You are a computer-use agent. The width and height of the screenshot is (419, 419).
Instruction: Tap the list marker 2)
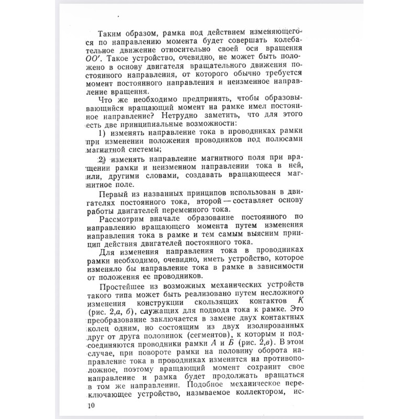(x=103, y=159)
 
